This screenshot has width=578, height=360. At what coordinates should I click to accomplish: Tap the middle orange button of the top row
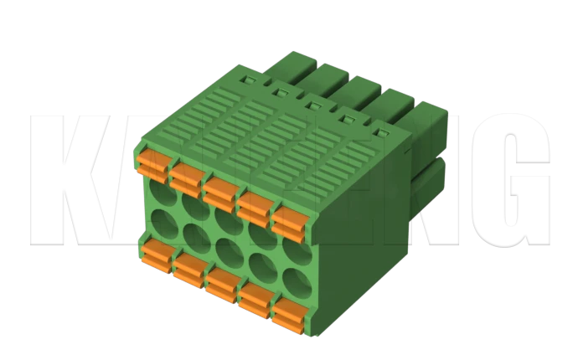[x=219, y=191]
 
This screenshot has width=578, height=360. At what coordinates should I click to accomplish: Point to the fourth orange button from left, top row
[x=254, y=206]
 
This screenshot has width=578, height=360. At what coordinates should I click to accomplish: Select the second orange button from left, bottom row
[x=189, y=269]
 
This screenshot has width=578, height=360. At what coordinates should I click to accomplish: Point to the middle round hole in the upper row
[x=226, y=220]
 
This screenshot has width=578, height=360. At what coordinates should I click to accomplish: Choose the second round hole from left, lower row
[x=194, y=235]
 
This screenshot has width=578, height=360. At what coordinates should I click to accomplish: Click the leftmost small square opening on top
[x=247, y=80]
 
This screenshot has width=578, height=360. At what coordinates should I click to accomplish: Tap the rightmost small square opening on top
[x=381, y=131]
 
